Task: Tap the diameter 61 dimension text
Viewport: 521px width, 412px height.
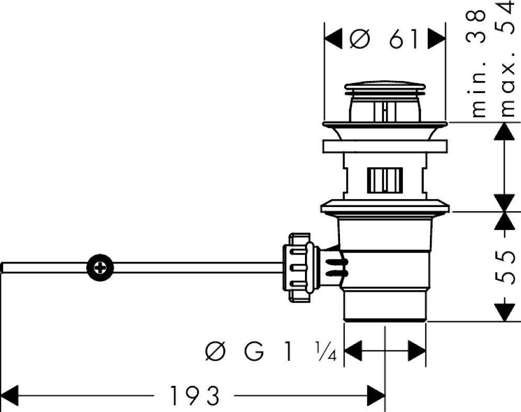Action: [x=384, y=39]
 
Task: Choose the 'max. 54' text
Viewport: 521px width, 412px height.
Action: [x=507, y=59]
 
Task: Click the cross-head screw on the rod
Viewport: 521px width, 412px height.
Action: [x=100, y=268]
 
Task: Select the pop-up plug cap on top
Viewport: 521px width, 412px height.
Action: [x=384, y=87]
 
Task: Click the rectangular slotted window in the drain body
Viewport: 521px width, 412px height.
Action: [x=385, y=180]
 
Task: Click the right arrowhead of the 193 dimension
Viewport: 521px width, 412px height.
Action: [x=376, y=396]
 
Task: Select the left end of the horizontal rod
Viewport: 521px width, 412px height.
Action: [x=3, y=268]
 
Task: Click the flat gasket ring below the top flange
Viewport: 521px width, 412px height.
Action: [x=385, y=146]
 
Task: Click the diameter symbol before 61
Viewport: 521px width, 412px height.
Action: [x=360, y=39]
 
